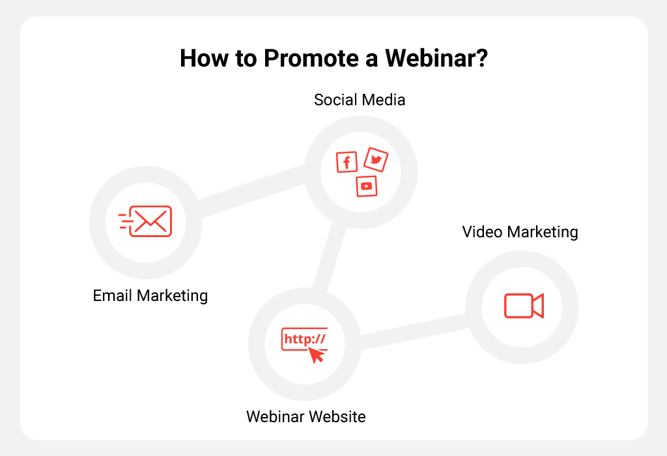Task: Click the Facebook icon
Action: [347, 162]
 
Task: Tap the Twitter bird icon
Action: [376, 160]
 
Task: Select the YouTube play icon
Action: [367, 186]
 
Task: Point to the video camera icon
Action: [524, 306]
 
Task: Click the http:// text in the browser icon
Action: [305, 339]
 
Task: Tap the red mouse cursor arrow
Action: [317, 355]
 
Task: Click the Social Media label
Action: [360, 100]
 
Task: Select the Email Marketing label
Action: [150, 296]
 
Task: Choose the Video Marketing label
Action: [520, 232]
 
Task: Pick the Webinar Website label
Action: [306, 416]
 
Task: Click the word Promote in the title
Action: [311, 58]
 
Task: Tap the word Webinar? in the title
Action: [436, 58]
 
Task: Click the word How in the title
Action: [204, 58]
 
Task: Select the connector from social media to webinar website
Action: [330, 257]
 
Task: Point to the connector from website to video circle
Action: [414, 332]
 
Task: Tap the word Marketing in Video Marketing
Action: [543, 233]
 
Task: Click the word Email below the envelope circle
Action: [113, 295]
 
